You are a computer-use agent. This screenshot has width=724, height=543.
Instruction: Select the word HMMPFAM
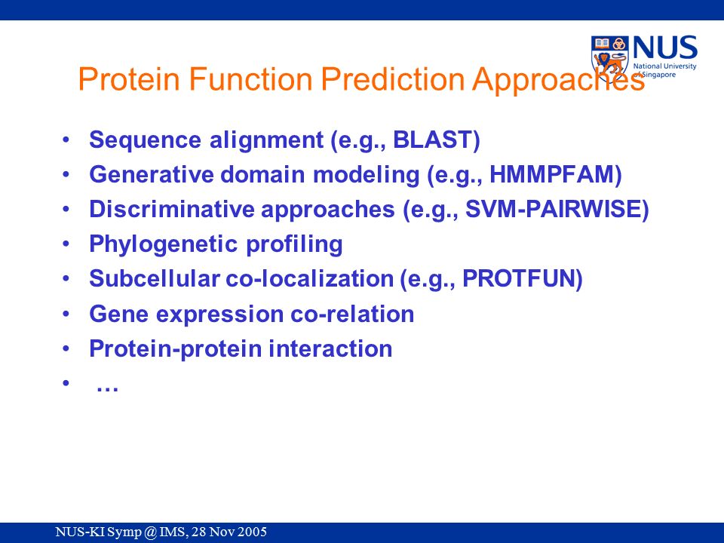(x=551, y=174)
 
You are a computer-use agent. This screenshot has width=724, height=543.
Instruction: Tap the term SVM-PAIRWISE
(x=553, y=209)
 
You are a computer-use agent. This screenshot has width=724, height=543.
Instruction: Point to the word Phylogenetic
(x=164, y=244)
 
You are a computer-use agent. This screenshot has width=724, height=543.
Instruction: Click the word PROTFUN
(x=518, y=278)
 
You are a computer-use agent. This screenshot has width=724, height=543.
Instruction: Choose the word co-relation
(x=352, y=314)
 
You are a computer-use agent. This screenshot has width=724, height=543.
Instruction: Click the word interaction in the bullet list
(x=330, y=348)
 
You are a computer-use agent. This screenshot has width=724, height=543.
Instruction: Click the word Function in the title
(x=250, y=78)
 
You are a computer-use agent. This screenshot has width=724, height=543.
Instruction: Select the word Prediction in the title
(x=392, y=78)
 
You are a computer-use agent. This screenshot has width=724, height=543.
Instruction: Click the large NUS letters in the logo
(x=665, y=48)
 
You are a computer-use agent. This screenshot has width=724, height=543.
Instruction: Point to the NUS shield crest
(x=610, y=58)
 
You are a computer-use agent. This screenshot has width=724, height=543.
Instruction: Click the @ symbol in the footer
(x=150, y=532)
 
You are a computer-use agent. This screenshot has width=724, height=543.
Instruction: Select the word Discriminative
(x=172, y=209)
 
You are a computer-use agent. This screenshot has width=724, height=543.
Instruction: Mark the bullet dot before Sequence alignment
(x=66, y=139)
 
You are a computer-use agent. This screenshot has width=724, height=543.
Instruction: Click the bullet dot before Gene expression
(x=66, y=314)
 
